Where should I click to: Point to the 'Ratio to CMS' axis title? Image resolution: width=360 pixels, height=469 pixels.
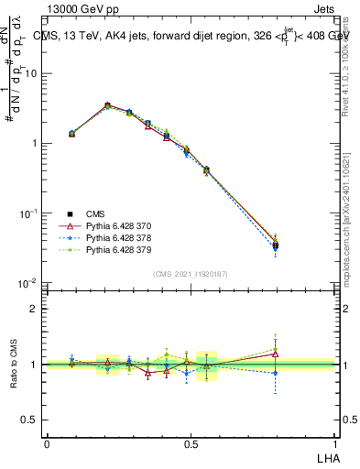click(13, 365)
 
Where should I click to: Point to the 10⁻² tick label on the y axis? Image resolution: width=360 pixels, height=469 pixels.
click(27, 283)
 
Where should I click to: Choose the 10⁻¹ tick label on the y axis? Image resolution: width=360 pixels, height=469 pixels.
click(27, 213)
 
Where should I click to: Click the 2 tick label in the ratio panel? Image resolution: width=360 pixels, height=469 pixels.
click(35, 309)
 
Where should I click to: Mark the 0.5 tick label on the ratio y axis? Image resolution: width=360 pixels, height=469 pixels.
click(30, 420)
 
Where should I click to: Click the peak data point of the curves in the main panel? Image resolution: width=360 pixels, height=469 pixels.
click(108, 106)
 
